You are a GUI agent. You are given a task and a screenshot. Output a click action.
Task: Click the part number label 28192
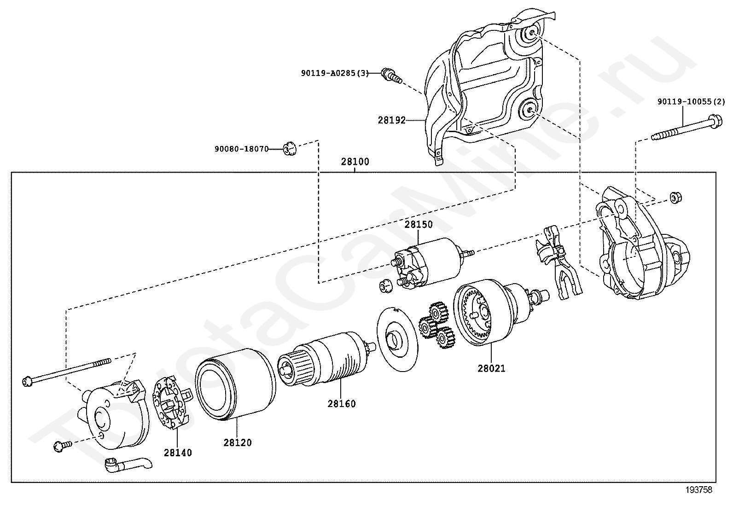coord(392,121)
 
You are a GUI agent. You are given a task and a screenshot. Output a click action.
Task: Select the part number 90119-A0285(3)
coord(335,73)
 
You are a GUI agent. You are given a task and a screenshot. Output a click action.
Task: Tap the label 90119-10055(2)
coord(691,102)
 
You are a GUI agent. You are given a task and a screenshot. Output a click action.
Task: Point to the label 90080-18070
coord(242,149)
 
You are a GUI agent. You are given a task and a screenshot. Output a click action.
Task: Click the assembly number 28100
coord(355,162)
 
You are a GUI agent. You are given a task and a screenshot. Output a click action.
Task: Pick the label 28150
coord(419,225)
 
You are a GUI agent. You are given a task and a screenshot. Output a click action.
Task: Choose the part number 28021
coord(491,368)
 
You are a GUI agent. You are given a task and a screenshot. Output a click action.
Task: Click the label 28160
coord(342,404)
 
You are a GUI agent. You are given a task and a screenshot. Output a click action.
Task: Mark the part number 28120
coord(238,443)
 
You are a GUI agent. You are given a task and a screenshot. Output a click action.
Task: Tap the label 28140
coord(178,453)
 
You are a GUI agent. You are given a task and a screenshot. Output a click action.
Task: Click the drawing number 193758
coord(698,490)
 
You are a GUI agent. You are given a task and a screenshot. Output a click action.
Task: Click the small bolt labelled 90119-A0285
coord(391,76)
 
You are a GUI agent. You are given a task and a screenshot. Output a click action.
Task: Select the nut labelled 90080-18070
coord(290,148)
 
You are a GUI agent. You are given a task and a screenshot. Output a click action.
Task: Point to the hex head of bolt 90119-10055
coord(715,122)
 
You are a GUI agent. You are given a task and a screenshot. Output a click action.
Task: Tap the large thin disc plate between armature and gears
coord(397,339)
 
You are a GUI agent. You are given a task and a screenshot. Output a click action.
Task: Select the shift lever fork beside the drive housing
coord(558,262)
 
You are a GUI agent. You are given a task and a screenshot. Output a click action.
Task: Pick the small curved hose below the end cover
coord(128,465)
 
